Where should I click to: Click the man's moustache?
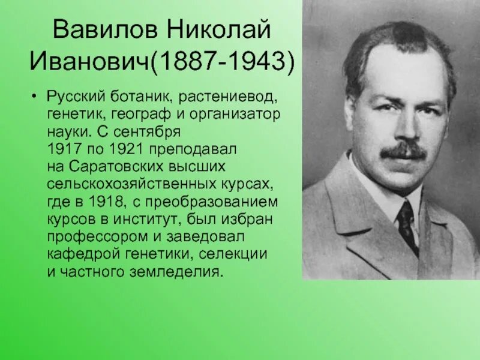tap(402, 150)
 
